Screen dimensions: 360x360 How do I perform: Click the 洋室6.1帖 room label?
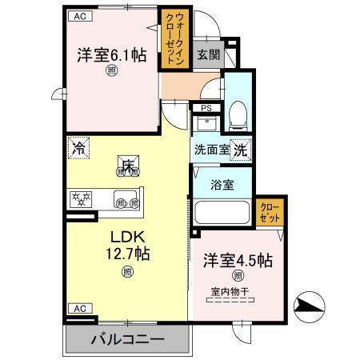(x=112, y=55)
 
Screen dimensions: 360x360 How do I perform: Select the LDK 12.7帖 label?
(x=126, y=246)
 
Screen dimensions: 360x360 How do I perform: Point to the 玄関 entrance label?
(x=208, y=54)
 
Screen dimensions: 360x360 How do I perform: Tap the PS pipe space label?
(x=206, y=109)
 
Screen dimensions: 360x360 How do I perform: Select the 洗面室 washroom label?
(x=210, y=149)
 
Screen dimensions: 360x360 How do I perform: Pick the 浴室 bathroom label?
(x=222, y=185)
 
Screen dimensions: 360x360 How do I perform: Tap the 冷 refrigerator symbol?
(x=78, y=148)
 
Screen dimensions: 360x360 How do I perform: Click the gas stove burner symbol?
(x=82, y=197)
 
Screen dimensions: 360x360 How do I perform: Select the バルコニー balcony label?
(x=128, y=339)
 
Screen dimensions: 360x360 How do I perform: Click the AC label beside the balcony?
(x=78, y=308)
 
